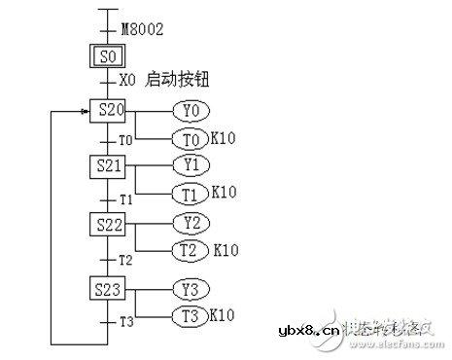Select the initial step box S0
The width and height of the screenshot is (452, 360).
[108, 54]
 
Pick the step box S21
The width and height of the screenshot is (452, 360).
[110, 166]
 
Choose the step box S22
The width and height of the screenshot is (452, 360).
[110, 225]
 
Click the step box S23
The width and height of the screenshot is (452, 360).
[110, 289]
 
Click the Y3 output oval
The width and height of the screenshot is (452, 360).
[190, 288]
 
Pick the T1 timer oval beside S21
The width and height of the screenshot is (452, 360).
[190, 193]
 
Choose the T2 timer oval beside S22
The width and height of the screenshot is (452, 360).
[190, 251]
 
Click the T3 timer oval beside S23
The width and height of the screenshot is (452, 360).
[190, 316]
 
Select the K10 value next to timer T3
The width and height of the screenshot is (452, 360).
[224, 316]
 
